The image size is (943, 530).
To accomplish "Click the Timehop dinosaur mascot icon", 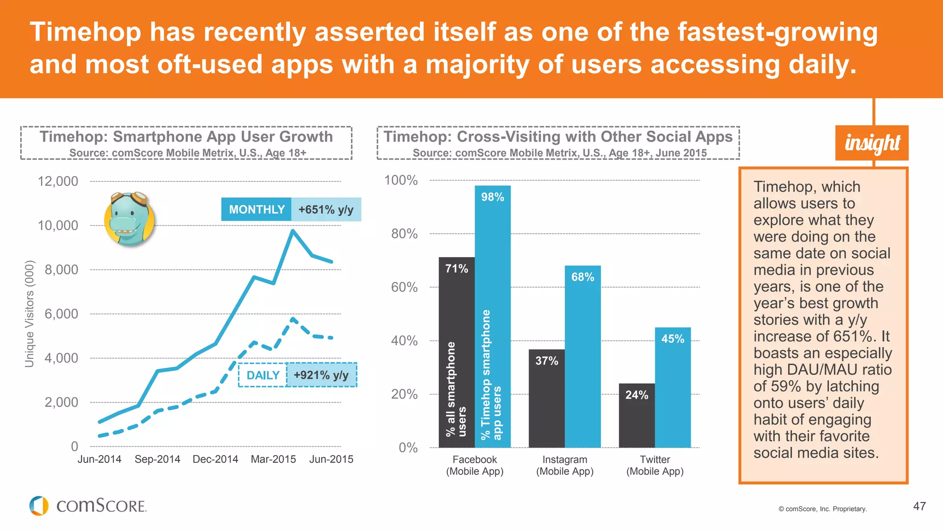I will [x=129, y=219].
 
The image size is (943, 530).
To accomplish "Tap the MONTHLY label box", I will [x=256, y=209].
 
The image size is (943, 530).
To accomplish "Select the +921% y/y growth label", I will [x=321, y=375].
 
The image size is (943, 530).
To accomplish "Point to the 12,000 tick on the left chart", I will [x=58, y=181].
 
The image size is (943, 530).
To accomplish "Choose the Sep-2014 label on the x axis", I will [x=157, y=459].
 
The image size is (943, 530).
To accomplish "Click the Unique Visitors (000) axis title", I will [x=29, y=314].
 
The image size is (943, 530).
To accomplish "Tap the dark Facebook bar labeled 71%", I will [x=456, y=352].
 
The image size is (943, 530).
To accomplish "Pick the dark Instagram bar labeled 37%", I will [x=547, y=398].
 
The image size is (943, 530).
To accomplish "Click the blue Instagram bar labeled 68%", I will [x=582, y=357].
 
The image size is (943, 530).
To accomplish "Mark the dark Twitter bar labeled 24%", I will [x=636, y=415].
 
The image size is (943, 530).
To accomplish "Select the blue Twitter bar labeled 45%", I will [x=673, y=387].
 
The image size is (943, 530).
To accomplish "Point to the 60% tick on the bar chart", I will [x=404, y=288].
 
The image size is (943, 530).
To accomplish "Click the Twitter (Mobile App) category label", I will [x=655, y=465].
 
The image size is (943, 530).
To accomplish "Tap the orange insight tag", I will [x=872, y=143].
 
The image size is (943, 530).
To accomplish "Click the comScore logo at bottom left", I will [x=87, y=506].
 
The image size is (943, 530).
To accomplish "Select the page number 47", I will [x=919, y=506].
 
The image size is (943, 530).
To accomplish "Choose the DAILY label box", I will [x=263, y=375].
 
